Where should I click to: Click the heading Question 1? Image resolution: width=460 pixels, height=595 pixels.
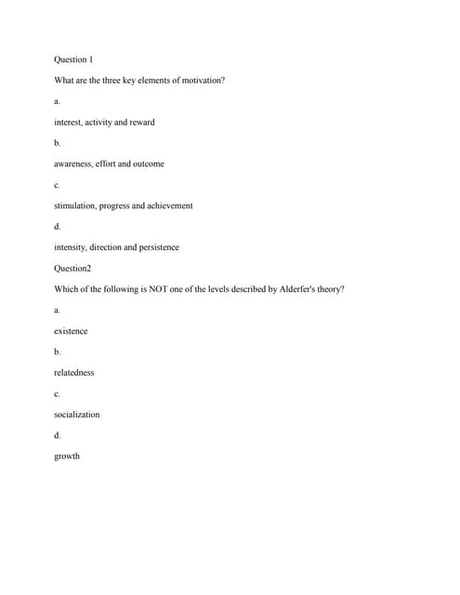point(73,59)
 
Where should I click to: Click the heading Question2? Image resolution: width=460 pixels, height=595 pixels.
point(72,268)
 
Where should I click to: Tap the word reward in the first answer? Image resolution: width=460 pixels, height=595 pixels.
point(142,122)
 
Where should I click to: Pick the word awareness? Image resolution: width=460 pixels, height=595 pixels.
point(72,164)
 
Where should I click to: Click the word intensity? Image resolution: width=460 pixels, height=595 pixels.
point(70,247)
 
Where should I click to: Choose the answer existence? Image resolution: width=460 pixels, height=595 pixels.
point(71,331)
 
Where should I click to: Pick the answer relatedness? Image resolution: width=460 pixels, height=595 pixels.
point(73,373)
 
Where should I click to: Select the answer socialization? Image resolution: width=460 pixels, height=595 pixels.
point(76,415)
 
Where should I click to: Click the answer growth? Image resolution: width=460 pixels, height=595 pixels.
point(67,456)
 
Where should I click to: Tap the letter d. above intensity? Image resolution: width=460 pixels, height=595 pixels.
point(58,227)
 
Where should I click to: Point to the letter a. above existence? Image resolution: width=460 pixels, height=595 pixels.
point(58,310)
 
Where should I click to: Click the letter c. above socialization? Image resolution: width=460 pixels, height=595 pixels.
point(58,393)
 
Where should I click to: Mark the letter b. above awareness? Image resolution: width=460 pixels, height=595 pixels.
point(58,143)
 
